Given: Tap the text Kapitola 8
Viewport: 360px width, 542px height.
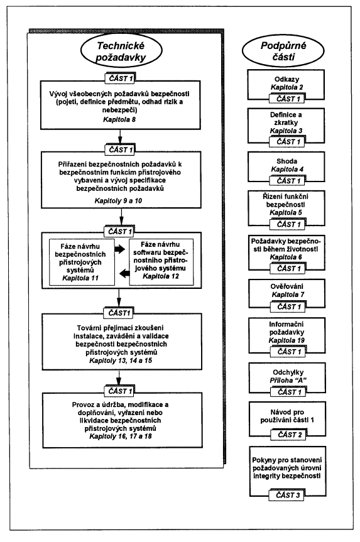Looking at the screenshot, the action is [x=119, y=119].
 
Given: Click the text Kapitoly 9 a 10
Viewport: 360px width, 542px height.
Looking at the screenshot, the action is [x=118, y=200].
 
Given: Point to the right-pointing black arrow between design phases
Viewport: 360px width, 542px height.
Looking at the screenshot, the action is [x=119, y=249].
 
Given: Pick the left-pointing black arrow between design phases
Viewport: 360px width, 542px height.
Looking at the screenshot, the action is [x=124, y=274].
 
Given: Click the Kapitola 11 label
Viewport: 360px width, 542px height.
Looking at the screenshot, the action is [x=80, y=278].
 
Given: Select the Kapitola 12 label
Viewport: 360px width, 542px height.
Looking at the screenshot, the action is [x=161, y=276].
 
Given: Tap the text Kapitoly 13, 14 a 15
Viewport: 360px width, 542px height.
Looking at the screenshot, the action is [x=121, y=360].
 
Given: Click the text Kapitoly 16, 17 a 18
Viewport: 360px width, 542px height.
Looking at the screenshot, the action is [x=121, y=436].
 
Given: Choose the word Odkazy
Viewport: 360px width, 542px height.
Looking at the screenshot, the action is [x=286, y=79].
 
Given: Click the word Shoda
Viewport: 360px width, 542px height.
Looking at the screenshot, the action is [x=286, y=161].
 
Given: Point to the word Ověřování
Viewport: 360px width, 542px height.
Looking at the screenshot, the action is [x=287, y=286].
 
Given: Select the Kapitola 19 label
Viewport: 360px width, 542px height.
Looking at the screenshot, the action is [x=286, y=340].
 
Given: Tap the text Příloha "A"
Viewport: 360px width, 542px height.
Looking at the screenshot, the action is [x=288, y=380].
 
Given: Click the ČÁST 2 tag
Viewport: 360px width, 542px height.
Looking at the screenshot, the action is [x=290, y=435].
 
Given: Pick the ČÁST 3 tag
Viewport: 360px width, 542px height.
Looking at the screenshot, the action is [x=288, y=496].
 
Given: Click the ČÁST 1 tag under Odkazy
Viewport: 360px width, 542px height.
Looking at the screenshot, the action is [x=287, y=99].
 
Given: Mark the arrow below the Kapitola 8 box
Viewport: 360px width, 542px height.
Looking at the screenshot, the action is [x=119, y=136].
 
